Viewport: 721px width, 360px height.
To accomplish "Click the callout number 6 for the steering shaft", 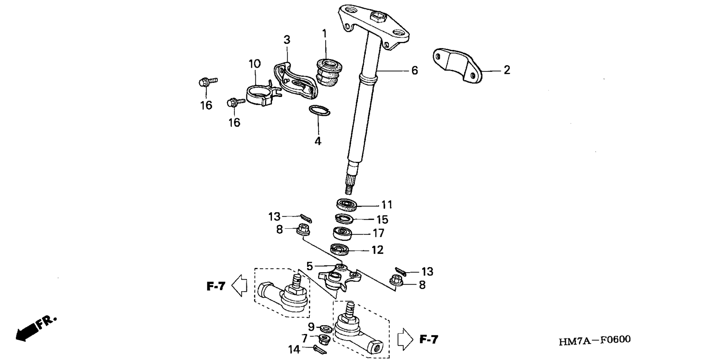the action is (x=415, y=71).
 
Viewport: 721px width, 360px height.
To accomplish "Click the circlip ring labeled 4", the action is (x=319, y=111).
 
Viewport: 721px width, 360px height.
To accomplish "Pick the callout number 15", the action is (x=382, y=220).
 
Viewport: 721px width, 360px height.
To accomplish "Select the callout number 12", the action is (x=377, y=250).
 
